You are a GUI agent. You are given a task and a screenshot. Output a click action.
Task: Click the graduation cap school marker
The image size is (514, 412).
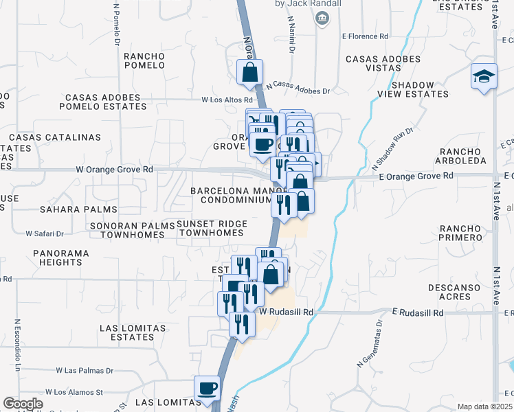(x=484, y=76)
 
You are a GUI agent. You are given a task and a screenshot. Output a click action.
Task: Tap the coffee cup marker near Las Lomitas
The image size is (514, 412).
(x=207, y=389)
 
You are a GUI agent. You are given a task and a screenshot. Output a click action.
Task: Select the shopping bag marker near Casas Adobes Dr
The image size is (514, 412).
(x=249, y=72)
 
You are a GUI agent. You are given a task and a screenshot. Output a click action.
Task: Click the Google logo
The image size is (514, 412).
(x=23, y=404)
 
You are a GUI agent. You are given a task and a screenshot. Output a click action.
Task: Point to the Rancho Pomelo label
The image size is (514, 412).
(x=144, y=60)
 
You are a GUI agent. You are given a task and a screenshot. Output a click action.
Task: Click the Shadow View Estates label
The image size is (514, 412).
(x=419, y=89)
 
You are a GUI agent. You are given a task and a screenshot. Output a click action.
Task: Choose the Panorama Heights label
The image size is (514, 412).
(x=60, y=257)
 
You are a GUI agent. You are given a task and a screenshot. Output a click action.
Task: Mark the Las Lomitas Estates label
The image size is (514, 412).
(x=126, y=332)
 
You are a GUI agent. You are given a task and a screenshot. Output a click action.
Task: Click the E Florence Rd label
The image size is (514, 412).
(x=365, y=36)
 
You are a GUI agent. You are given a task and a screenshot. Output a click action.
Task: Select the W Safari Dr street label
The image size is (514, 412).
(x=45, y=233)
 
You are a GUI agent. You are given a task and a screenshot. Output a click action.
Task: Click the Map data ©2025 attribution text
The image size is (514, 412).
(x=484, y=407)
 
